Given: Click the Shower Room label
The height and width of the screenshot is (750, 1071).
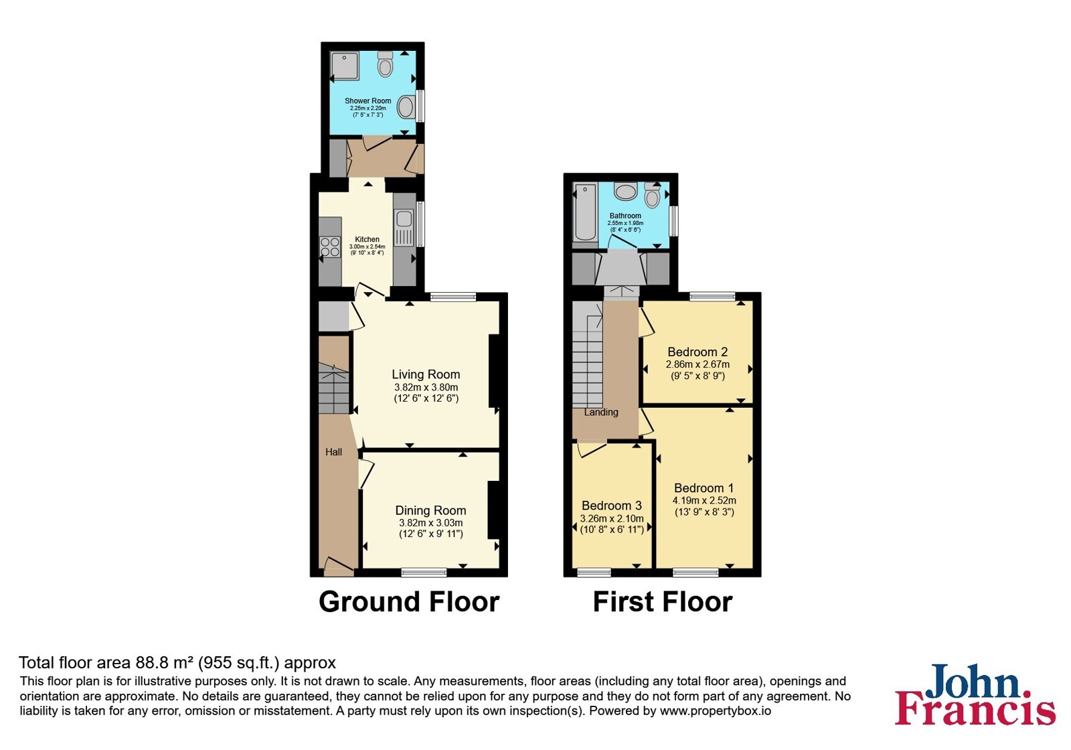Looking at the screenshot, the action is [x=367, y=101].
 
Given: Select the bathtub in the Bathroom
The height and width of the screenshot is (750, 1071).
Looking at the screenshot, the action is [x=585, y=212].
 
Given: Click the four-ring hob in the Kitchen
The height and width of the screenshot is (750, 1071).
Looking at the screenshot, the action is [x=330, y=247].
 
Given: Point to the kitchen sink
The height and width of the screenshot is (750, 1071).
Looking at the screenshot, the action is [x=404, y=218].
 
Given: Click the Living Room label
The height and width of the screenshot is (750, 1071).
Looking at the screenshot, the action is [x=426, y=374].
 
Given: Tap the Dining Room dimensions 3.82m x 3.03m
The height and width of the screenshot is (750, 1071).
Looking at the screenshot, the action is [x=431, y=523].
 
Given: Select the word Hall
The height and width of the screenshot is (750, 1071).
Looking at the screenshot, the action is [x=334, y=452].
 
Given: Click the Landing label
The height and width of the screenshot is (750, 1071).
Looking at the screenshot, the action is [x=601, y=412].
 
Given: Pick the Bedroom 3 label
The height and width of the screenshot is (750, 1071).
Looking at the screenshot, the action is [x=612, y=506].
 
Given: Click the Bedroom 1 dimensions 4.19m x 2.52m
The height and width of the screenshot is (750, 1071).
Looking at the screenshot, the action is [x=704, y=501].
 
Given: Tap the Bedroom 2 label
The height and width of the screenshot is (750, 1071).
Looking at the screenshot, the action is [x=697, y=352].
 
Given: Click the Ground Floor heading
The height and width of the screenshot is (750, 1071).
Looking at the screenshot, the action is [x=409, y=602].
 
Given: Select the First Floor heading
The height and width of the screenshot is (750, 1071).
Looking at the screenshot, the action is [x=663, y=602].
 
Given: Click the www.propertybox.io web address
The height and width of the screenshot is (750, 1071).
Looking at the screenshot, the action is [x=716, y=710].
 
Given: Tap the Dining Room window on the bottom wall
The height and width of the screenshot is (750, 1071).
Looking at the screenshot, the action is [x=424, y=573].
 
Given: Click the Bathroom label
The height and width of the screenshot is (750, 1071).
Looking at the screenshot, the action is [x=625, y=216].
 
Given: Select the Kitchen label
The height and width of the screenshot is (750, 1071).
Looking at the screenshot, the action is [x=367, y=239].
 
